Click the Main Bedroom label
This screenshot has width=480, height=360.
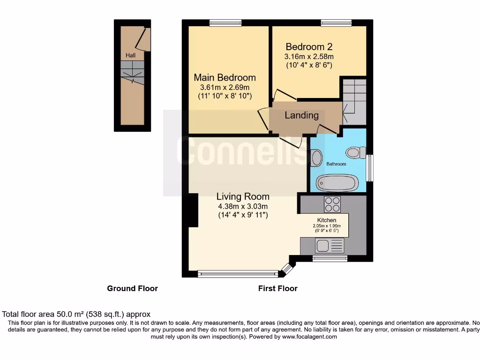tap(225, 78)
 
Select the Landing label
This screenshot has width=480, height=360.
tap(301, 115)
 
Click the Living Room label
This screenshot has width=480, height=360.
tap(243, 197)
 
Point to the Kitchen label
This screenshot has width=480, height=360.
tap(327, 220)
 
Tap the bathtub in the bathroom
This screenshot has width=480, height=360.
tap(337, 182)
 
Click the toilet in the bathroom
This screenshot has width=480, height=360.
tap(356, 152)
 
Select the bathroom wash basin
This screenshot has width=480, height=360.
tap(316, 158)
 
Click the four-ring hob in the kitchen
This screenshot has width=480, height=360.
tap(332, 204)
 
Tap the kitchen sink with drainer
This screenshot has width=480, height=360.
tap(330, 245)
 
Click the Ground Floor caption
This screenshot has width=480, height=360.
tap(132, 289)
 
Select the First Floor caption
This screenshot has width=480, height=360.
tap(277, 289)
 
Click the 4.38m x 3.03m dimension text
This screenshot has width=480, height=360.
tap(243, 207)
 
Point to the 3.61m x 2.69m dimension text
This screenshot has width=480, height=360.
tap(225, 88)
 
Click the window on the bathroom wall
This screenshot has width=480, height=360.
tap(369, 168)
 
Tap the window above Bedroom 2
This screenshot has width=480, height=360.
tap(336, 22)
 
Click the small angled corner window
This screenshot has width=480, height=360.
tap(286, 269)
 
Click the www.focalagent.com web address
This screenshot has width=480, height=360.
tap(309, 337)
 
